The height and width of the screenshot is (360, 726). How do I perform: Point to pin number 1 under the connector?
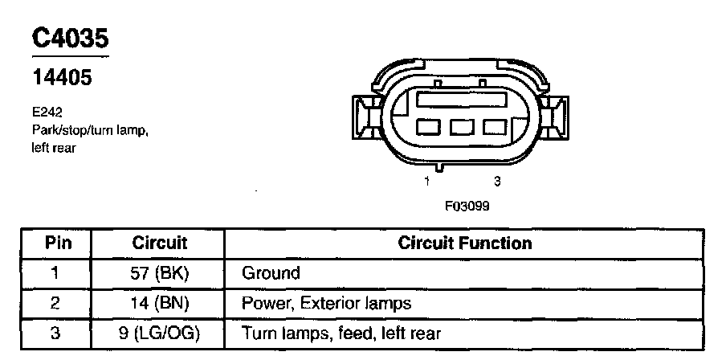[428, 182]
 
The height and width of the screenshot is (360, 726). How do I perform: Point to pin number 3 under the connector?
[497, 182]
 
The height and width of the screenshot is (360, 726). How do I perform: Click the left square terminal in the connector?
[428, 127]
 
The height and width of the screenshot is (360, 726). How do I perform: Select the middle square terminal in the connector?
[461, 127]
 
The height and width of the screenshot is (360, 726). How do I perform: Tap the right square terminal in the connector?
[494, 127]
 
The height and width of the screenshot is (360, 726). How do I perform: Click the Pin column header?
[55, 243]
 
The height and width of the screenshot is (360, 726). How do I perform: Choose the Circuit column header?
[159, 243]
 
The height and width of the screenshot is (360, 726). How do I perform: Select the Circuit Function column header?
[464, 243]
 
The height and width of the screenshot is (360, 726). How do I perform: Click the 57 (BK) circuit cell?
[159, 273]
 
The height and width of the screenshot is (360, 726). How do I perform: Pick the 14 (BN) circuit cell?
[159, 303]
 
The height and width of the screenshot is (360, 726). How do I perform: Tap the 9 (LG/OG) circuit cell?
[159, 333]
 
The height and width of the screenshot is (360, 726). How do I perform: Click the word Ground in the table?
[271, 273]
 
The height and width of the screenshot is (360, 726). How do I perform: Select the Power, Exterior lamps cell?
[326, 303]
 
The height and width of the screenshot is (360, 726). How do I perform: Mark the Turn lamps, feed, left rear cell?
[341, 333]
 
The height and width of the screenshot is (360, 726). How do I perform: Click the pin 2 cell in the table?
[55, 303]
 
